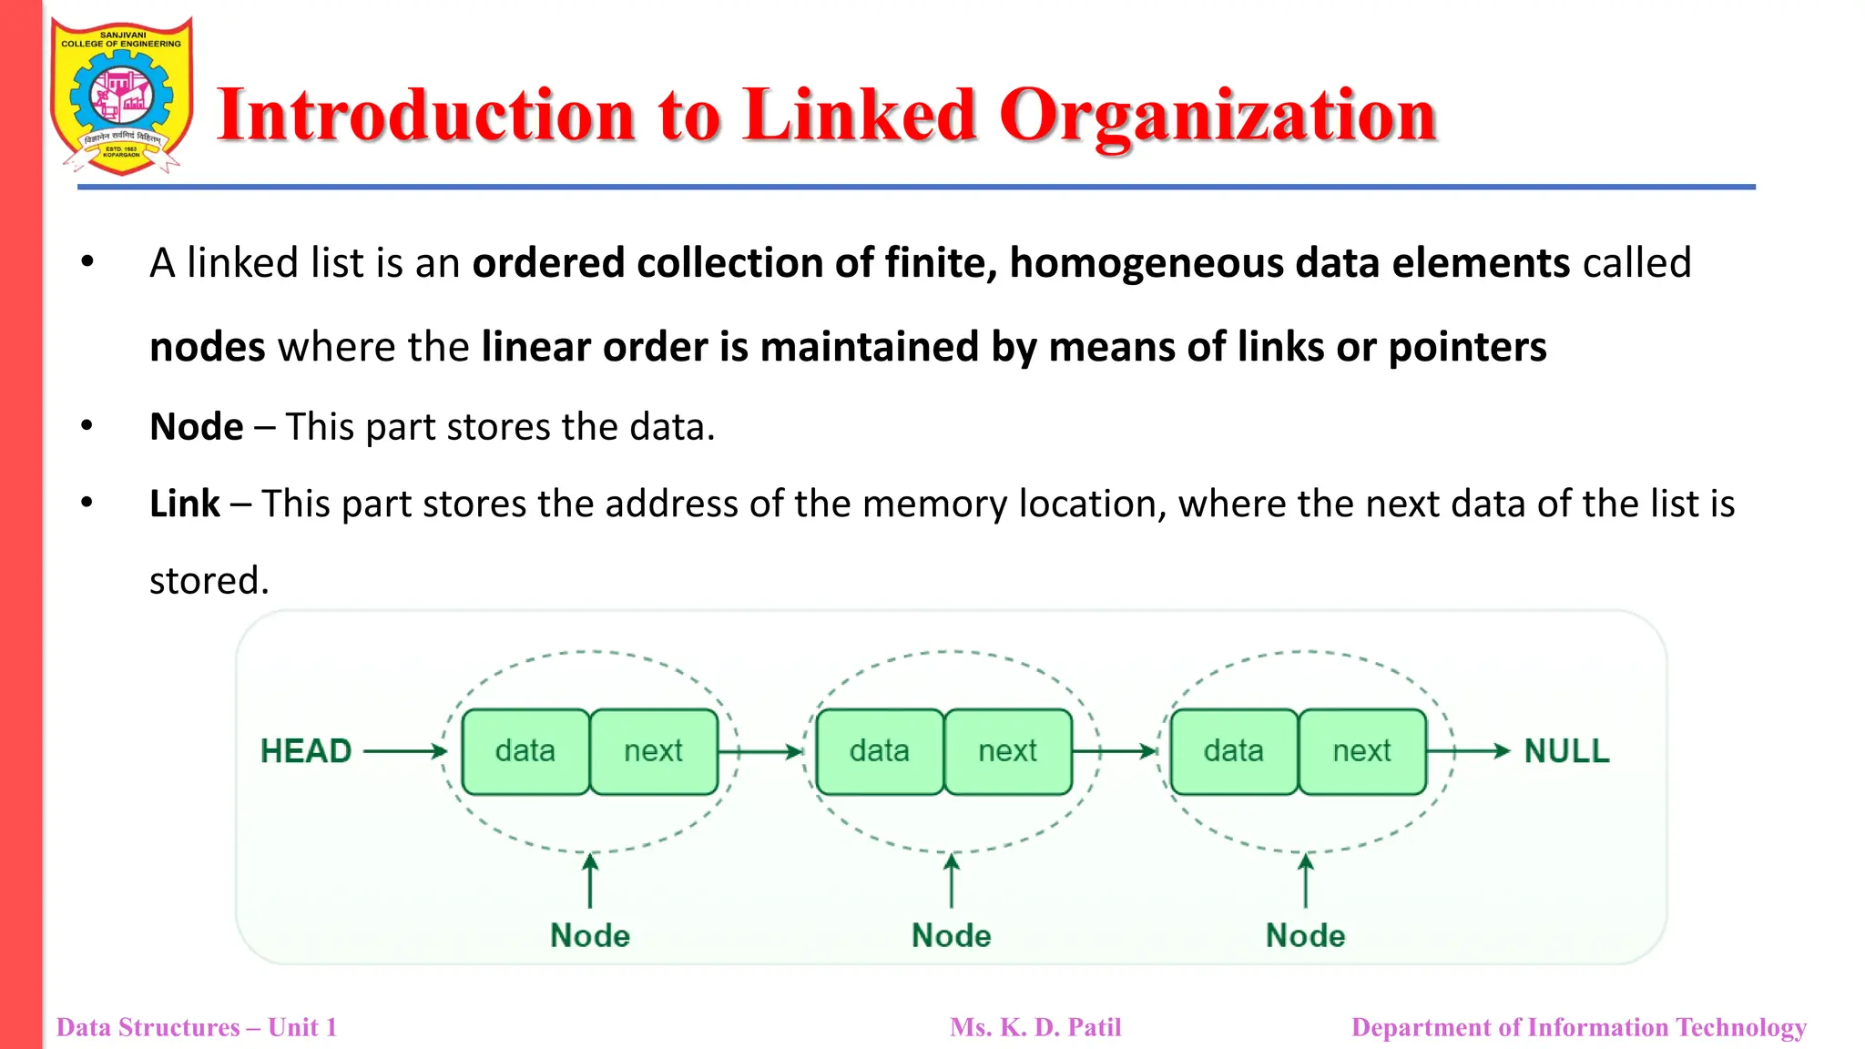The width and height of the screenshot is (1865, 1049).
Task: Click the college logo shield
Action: point(121,96)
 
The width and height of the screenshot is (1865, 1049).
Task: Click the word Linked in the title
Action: point(860,116)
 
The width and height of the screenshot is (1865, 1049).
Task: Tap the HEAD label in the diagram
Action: point(306,751)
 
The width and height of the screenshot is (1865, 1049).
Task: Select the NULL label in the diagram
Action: point(1566,751)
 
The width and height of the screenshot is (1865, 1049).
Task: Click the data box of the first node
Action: point(525,751)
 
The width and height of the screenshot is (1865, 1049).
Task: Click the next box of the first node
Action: point(653,751)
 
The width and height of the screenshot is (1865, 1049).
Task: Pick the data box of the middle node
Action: point(880,751)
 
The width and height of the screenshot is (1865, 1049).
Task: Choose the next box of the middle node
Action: point(1007,751)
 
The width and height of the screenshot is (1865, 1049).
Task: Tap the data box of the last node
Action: point(1234,751)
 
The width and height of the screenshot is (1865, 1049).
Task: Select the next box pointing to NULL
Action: point(1361,751)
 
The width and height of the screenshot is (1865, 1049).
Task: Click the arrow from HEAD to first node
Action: point(405,751)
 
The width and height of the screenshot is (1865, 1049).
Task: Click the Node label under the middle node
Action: point(952,935)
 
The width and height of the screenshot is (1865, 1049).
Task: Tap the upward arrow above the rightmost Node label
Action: point(1306,881)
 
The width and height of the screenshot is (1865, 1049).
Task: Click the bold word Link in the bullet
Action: point(185,504)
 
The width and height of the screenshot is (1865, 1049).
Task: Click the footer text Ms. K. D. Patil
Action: point(1035,1027)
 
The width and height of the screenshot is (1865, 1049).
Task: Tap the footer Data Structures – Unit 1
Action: point(197,1027)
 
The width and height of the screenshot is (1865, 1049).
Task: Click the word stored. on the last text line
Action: point(209,581)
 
